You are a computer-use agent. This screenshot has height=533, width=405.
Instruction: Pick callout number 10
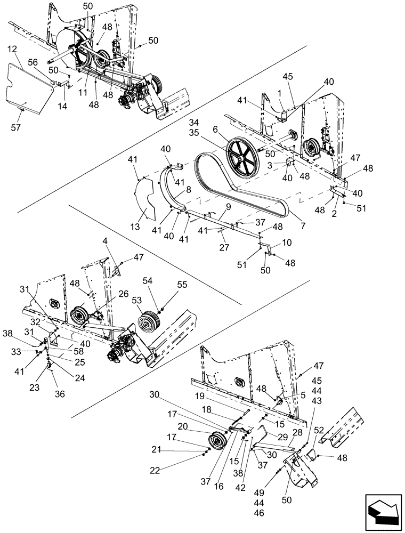[287, 242]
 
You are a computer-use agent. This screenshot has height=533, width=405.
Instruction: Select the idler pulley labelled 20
[217, 442]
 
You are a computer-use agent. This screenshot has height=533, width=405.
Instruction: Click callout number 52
[319, 429]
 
